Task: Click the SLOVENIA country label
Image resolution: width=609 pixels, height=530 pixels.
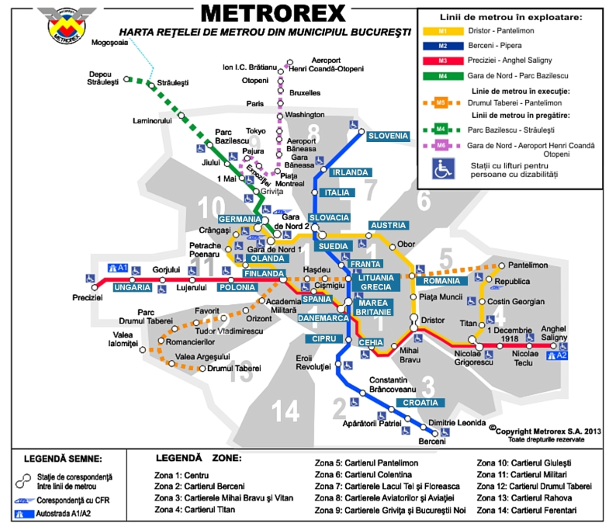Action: [x=388, y=136]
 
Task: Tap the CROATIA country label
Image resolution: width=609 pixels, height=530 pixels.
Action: [x=420, y=403]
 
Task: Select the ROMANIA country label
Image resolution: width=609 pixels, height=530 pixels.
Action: [x=441, y=280]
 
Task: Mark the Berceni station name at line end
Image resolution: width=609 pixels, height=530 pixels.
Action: [x=432, y=442]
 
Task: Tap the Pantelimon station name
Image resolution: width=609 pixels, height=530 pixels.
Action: [x=528, y=265]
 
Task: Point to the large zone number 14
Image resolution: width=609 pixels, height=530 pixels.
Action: [x=285, y=410]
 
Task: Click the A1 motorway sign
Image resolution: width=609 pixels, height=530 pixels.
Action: [x=117, y=267]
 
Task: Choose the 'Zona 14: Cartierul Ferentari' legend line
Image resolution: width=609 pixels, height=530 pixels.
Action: [x=527, y=510]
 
